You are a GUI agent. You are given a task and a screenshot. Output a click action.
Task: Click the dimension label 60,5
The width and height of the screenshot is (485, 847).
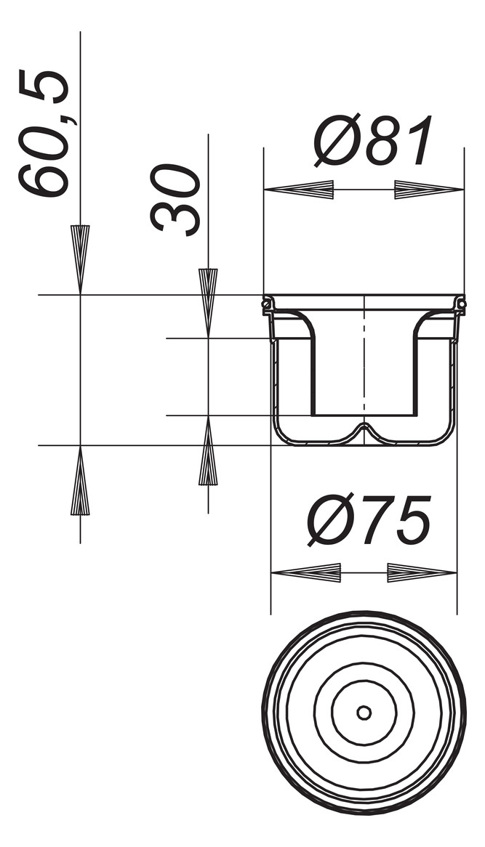(x=45, y=133)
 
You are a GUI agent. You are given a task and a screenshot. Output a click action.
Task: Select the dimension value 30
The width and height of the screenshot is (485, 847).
(x=176, y=199)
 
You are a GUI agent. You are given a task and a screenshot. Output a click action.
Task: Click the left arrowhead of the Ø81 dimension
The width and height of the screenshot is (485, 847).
(x=298, y=190)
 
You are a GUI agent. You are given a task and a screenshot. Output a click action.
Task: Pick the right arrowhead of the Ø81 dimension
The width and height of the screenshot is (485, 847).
(x=429, y=190)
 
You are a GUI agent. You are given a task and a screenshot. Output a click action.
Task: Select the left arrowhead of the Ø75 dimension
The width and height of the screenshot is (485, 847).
(x=305, y=572)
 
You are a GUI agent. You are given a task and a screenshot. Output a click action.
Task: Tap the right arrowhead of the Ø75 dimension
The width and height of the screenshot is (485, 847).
(x=422, y=572)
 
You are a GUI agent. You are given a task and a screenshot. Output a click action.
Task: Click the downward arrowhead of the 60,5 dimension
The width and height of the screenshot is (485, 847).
(x=80, y=259)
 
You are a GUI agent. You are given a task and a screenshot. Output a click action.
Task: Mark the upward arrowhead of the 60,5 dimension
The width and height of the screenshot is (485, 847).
(x=80, y=481)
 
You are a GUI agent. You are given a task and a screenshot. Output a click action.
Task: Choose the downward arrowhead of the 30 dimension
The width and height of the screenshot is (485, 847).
(x=208, y=302)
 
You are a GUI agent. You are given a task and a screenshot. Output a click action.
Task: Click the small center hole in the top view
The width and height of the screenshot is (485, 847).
(x=364, y=713)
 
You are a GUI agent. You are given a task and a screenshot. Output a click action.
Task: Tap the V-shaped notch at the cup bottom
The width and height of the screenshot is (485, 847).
(x=364, y=430)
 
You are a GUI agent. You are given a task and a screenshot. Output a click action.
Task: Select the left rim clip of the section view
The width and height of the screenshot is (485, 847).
(x=268, y=306)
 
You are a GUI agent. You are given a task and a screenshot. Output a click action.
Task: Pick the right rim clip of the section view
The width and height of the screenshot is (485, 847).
(x=460, y=305)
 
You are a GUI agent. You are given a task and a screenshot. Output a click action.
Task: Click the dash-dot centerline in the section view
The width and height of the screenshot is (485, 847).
(x=364, y=363)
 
